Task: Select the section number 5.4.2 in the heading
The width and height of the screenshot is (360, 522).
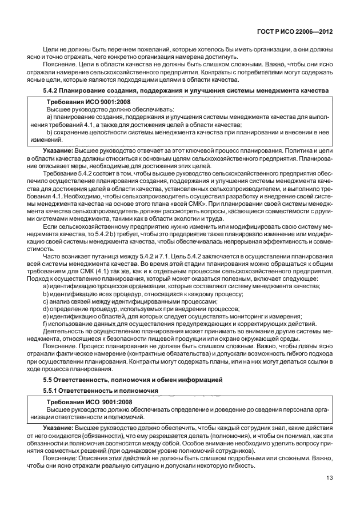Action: tap(53, 91)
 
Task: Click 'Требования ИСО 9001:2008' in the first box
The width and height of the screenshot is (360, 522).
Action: tap(82, 101)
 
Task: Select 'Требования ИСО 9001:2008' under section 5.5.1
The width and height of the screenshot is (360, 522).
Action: tap(83, 403)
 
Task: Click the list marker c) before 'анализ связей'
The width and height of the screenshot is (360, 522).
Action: tap(46, 301)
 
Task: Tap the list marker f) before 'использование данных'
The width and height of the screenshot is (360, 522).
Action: tap(45, 323)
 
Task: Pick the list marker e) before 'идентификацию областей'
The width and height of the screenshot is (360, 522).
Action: tap(46, 316)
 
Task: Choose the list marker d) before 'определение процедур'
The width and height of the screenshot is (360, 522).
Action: tap(46, 308)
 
